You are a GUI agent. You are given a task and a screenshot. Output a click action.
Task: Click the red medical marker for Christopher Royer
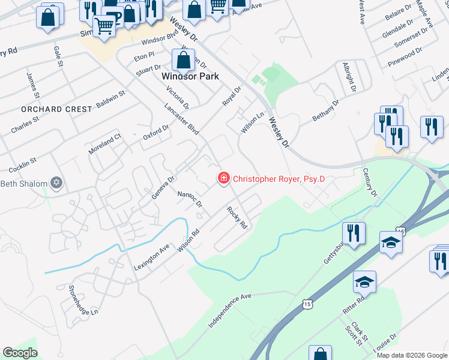pos(224,178)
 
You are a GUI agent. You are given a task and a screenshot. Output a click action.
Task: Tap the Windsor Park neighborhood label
pos(190,77)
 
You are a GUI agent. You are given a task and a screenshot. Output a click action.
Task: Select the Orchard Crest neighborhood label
pos(56,109)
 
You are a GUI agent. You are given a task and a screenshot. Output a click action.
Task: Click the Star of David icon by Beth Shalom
pos(56,182)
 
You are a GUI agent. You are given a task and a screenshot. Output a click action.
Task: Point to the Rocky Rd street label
pos(237,218)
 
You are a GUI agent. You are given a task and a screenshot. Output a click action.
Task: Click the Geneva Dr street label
pos(162,187)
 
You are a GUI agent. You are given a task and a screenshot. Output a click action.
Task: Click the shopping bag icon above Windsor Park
pos(184,60)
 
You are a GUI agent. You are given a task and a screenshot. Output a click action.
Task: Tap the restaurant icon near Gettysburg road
pos(354,232)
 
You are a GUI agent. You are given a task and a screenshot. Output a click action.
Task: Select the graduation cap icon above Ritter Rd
pos(364,281)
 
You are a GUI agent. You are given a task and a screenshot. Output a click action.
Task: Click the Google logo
pos(20,353)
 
